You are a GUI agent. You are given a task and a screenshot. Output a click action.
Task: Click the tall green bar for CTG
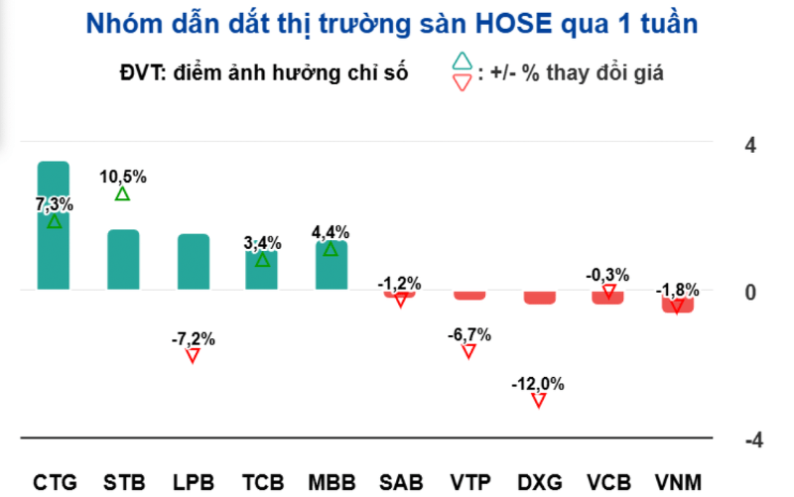54,226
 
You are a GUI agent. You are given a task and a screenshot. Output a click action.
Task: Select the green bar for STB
123,260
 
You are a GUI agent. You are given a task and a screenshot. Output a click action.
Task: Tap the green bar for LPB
193,262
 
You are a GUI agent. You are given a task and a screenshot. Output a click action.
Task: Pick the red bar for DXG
539,297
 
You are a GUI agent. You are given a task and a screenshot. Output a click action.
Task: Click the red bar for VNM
677,303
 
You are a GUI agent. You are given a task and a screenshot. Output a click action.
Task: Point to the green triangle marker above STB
122,193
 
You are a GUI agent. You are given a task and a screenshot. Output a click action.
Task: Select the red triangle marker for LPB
193,355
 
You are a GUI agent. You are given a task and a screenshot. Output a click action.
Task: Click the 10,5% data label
123,177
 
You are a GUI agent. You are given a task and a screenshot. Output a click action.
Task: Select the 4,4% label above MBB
331,232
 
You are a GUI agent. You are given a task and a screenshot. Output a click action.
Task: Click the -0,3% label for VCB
607,274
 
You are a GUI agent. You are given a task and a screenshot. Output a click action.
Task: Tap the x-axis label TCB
262,483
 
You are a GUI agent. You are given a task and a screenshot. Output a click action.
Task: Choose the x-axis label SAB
401,483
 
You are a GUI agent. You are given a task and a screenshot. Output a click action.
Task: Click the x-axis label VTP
469,483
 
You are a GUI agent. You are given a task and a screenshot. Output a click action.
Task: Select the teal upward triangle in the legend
462,62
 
